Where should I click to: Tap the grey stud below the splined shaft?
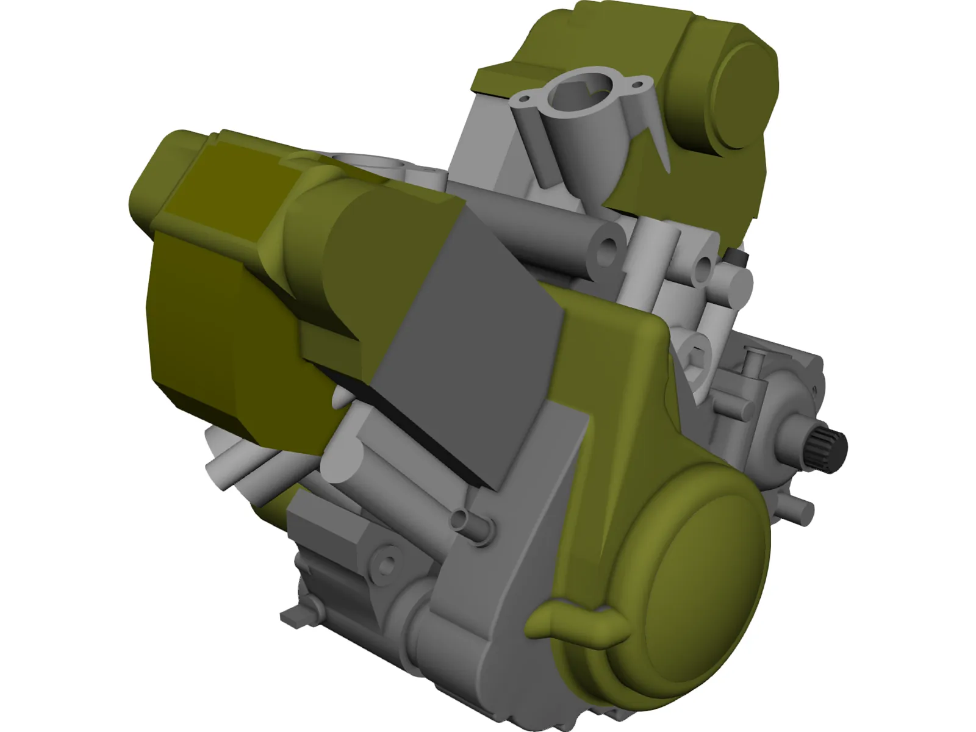point(803,505)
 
